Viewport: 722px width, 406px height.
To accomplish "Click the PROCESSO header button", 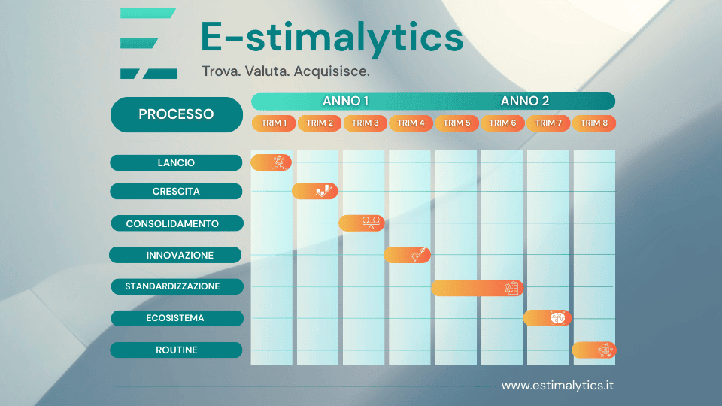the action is tap(176, 114).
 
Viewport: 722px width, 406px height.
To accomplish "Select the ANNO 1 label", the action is tap(345, 101).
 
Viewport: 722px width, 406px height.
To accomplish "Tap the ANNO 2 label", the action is tap(524, 101).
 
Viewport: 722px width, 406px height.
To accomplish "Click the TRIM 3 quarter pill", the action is tap(366, 123).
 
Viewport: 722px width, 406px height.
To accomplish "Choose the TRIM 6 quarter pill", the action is tap(502, 123).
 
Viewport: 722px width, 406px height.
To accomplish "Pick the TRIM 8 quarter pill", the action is tap(594, 123).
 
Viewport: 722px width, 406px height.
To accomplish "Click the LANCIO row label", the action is tap(176, 162).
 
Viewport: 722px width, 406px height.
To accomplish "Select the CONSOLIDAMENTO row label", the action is tap(177, 223).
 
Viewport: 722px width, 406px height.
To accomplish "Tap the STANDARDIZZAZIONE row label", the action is tap(177, 286).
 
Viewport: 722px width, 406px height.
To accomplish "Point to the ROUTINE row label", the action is tap(176, 350).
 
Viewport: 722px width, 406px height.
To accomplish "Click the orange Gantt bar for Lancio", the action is tap(272, 162).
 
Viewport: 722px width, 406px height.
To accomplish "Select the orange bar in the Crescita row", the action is tap(315, 191).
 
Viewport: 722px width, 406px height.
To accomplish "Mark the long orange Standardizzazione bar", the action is tap(477, 288).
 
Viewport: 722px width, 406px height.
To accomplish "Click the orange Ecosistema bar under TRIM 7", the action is tap(547, 317).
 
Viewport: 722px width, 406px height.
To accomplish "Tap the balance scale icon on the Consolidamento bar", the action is tap(371, 223).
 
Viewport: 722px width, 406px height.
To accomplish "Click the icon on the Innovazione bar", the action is tap(419, 254).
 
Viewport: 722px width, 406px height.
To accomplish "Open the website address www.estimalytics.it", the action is tap(557, 385).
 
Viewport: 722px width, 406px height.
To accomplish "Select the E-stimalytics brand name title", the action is tap(332, 37).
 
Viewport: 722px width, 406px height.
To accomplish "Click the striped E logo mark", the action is tap(148, 44).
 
